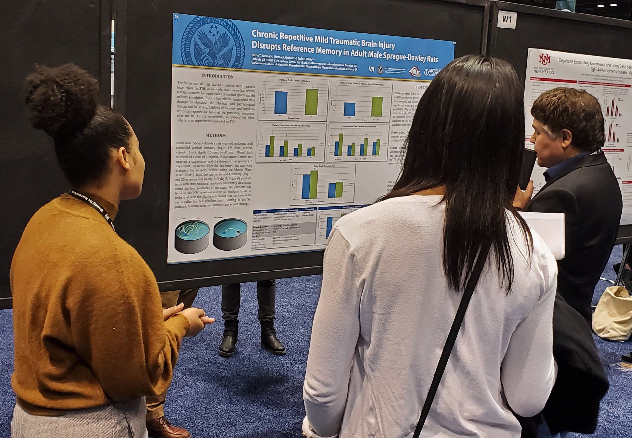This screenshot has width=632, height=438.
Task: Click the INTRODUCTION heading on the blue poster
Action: [x=217, y=76]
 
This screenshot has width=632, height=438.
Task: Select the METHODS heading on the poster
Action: [x=216, y=135]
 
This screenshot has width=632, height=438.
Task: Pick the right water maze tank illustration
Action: [x=230, y=233]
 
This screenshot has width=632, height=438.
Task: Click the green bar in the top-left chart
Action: [x=311, y=102]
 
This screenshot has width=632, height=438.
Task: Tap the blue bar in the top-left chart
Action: [x=281, y=103]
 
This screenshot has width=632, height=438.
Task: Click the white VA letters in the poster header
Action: [x=372, y=69]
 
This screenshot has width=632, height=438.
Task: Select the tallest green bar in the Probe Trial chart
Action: [x=314, y=185]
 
